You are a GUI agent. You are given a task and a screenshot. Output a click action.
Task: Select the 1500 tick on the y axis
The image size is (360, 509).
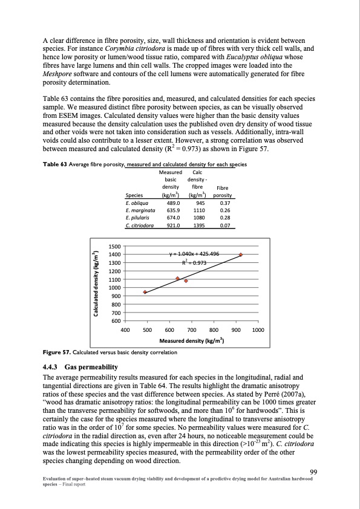tap(114, 246)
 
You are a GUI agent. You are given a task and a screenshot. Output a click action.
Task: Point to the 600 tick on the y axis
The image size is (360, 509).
tap(115, 320)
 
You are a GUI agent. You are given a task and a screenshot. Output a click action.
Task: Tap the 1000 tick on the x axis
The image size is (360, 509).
tap(258, 330)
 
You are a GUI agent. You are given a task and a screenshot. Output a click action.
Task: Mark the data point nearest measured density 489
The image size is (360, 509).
tap(145, 292)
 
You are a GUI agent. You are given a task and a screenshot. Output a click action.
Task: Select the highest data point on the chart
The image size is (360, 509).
tap(241, 255)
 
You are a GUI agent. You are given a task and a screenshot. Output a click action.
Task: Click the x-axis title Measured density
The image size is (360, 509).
tap(192, 341)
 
